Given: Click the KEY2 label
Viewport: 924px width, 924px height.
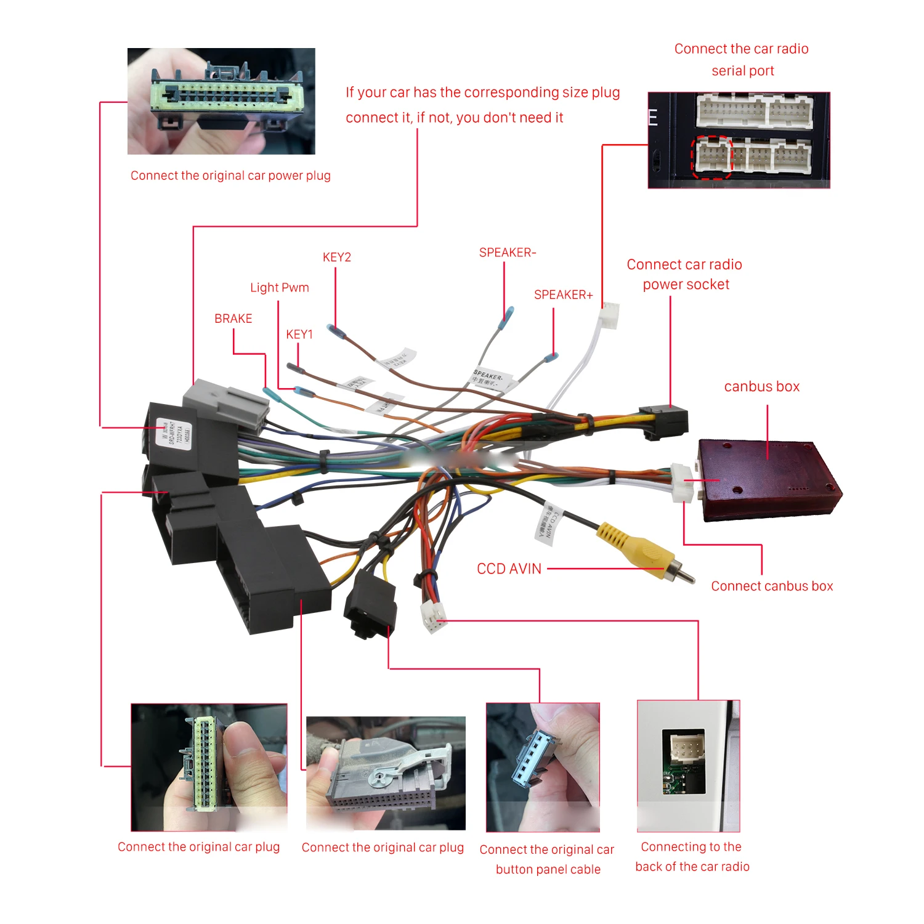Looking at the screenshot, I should click(336, 257).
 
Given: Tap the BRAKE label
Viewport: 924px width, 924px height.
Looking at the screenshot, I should click(233, 318).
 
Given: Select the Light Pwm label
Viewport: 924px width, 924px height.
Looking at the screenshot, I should click(279, 288).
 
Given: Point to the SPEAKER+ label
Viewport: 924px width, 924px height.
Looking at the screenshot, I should click(563, 295).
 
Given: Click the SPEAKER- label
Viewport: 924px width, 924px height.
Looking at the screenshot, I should click(507, 253).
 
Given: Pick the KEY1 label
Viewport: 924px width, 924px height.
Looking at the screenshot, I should click(299, 334).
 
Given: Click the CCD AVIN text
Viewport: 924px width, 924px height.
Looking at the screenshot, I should click(509, 569).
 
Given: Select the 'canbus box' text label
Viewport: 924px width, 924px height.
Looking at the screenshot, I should click(761, 387).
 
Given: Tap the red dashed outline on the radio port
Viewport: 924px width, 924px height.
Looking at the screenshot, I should click(711, 157).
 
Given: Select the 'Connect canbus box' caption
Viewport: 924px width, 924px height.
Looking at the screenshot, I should click(772, 586).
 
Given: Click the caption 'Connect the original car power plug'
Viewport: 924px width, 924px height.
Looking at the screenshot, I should click(230, 176).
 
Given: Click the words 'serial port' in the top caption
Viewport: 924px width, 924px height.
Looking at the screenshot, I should click(742, 71).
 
